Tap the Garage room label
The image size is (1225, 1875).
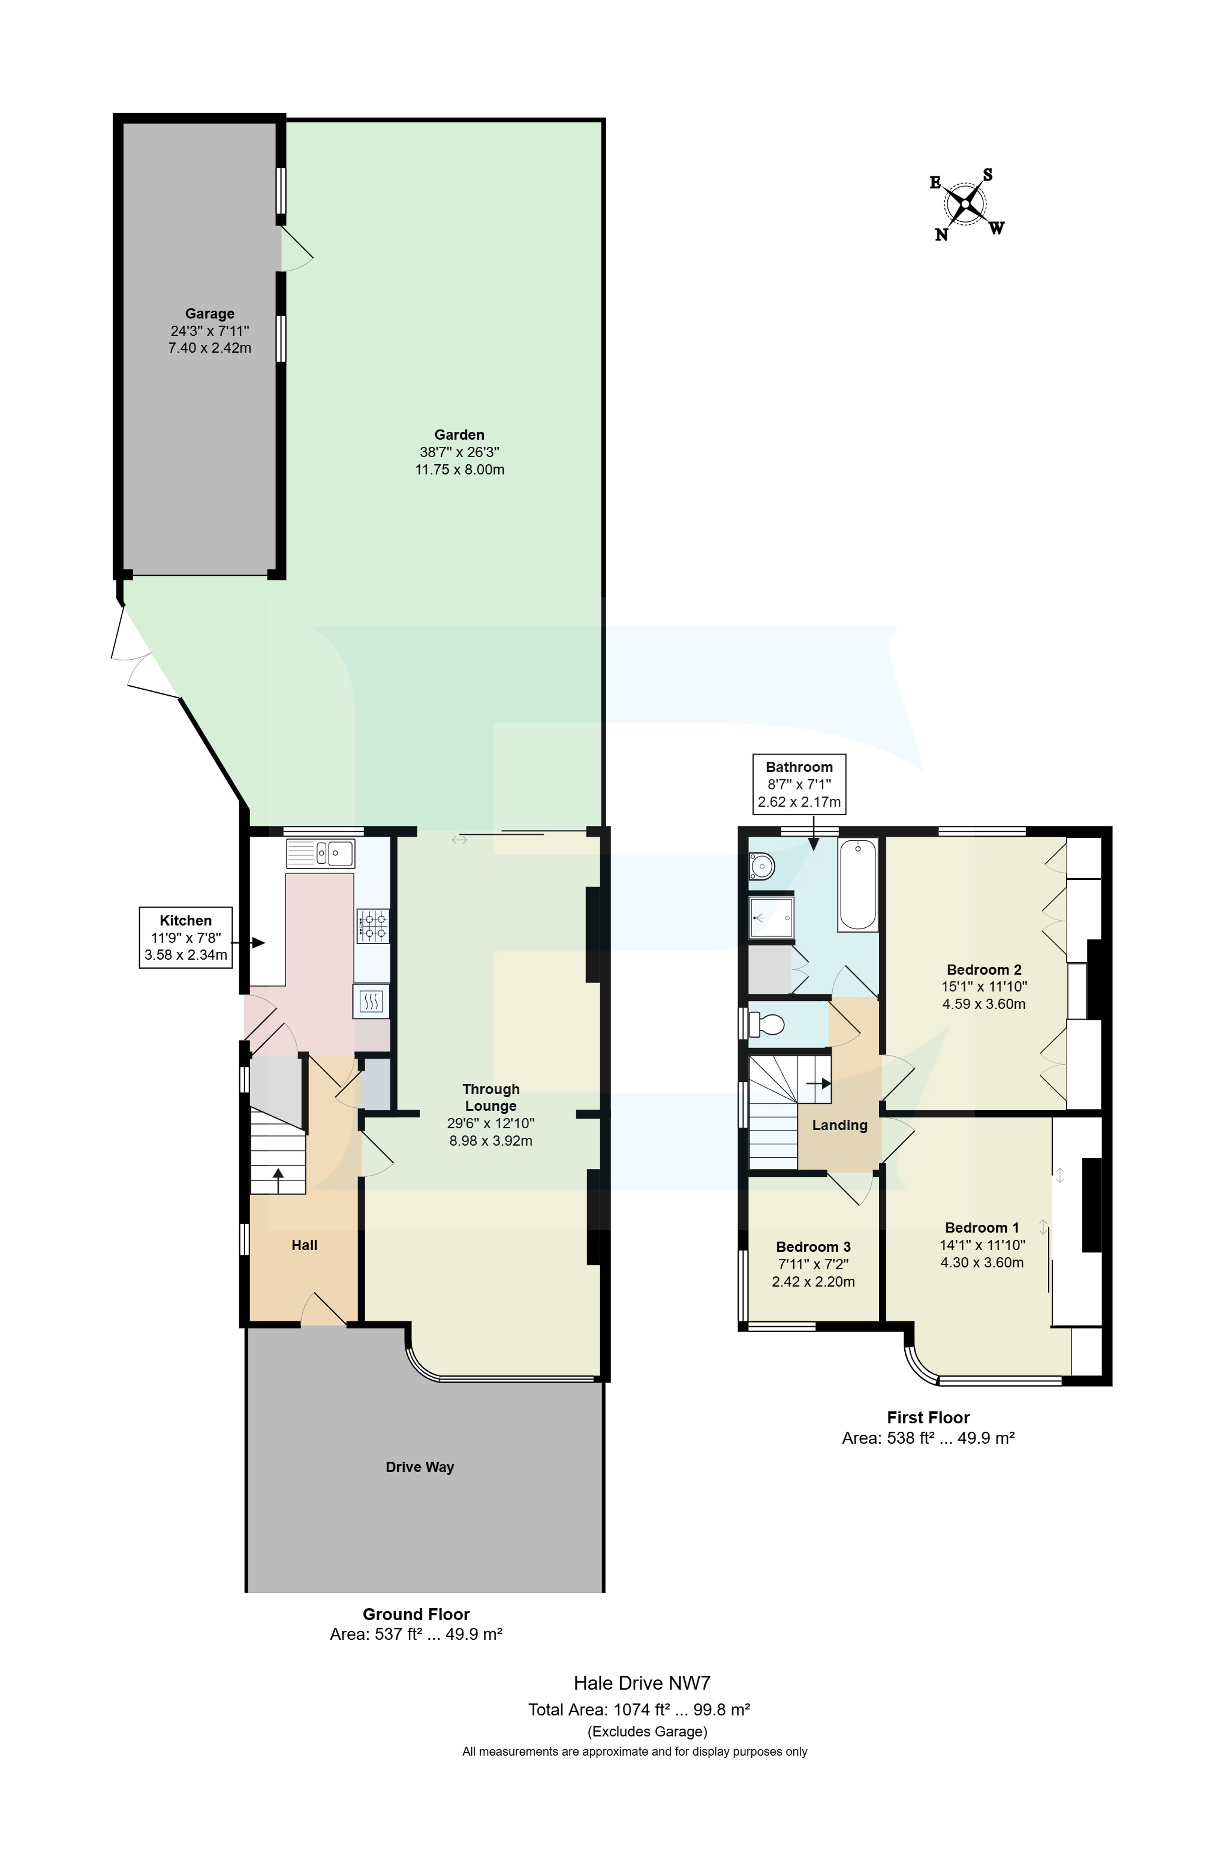(x=209, y=314)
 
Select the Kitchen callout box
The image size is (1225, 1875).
(x=186, y=937)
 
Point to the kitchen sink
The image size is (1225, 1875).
(x=321, y=853)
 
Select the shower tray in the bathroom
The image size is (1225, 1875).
(x=770, y=918)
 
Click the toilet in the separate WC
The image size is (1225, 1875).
(x=766, y=1025)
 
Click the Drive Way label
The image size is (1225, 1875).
(x=419, y=1467)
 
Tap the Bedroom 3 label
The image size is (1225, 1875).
(x=813, y=1246)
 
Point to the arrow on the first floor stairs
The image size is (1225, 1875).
(x=819, y=1083)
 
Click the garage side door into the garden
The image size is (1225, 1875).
(x=297, y=249)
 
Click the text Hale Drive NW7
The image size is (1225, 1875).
(x=642, y=1684)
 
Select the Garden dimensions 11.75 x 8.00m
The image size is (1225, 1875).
(x=459, y=470)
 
